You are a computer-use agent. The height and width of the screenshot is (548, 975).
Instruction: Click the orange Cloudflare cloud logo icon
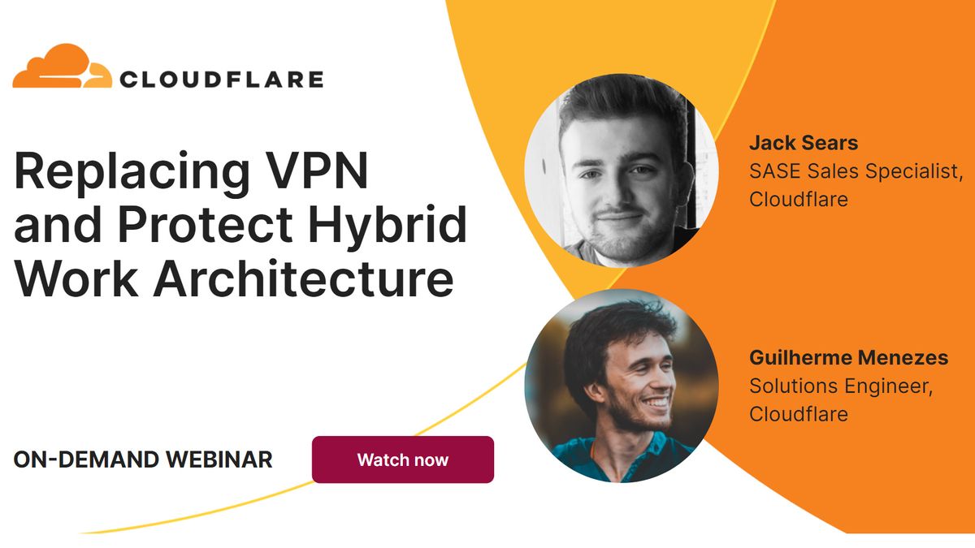click(x=62, y=67)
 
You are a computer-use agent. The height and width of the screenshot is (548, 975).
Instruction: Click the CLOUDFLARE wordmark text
click(x=221, y=80)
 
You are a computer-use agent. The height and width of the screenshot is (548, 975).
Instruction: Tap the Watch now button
click(x=402, y=460)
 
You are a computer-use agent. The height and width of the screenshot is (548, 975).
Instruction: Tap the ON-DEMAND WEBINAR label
click(x=143, y=460)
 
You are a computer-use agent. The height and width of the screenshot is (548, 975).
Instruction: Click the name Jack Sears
click(x=803, y=145)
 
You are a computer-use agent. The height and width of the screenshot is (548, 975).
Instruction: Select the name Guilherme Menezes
click(x=848, y=358)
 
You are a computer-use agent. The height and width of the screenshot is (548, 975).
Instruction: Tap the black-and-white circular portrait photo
click(x=622, y=171)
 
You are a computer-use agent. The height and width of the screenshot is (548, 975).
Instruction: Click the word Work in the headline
click(x=76, y=278)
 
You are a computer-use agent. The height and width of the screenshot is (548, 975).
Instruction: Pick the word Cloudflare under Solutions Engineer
click(x=798, y=414)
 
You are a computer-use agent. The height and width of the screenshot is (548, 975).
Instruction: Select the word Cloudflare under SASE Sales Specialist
click(x=798, y=199)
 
